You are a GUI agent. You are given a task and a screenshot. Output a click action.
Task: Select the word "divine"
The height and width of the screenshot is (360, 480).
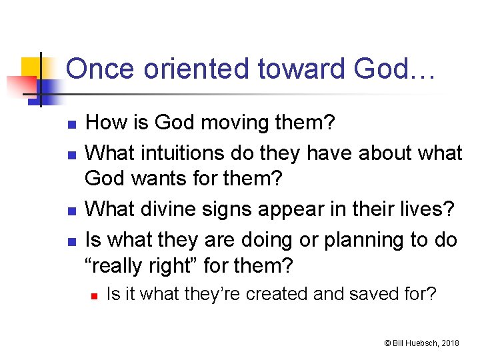169,210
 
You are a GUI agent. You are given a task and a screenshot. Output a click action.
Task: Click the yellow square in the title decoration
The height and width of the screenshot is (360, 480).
32,67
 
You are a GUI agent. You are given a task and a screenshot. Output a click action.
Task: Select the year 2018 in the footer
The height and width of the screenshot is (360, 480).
450,343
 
